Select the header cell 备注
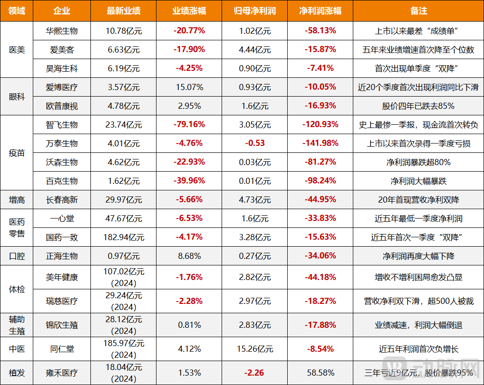click(418, 11)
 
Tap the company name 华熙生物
click(62, 31)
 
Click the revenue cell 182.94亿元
click(124, 237)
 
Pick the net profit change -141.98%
click(320, 143)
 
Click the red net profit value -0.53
click(254, 143)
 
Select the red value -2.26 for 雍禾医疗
click(254, 373)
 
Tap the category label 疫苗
click(17, 153)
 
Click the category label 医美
click(17, 50)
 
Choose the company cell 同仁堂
click(62, 349)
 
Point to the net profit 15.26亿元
click(254, 349)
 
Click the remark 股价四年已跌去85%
click(418, 106)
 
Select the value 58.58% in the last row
click(320, 373)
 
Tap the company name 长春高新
click(62, 200)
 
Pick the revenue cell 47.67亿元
click(124, 219)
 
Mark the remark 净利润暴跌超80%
click(418, 162)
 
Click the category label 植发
click(17, 373)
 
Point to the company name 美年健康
click(62, 277)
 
